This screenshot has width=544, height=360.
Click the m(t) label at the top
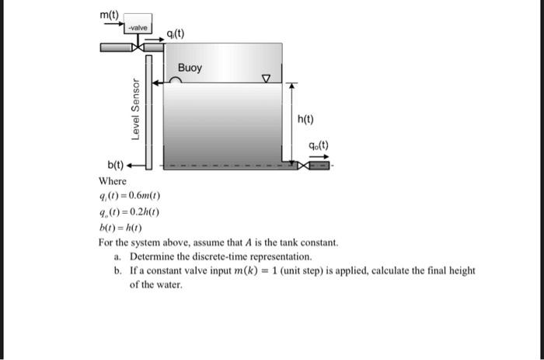tap(110, 14)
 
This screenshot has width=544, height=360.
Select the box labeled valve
tap(138, 28)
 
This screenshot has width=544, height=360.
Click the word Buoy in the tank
tap(190, 68)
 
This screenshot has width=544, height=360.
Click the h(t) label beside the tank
tap(306, 119)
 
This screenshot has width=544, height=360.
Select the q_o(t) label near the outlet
tap(319, 145)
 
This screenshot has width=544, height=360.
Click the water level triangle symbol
tap(267, 78)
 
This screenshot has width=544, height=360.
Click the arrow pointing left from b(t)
tap(138, 166)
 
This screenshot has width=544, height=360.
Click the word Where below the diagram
tap(112, 181)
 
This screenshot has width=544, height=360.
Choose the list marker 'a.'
tap(117, 256)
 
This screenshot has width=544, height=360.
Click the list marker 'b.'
tap(117, 271)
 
